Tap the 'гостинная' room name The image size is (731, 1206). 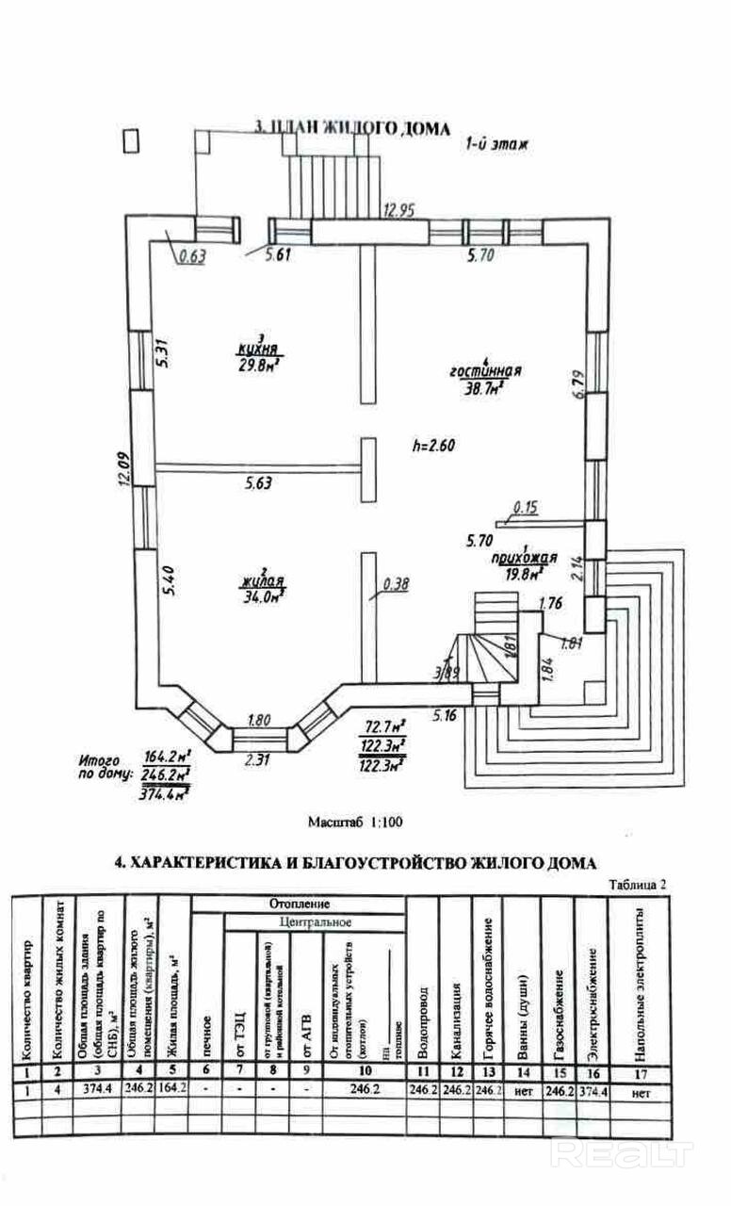pos(485,371)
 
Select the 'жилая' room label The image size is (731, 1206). pos(260,581)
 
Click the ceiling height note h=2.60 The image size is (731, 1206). pos(433,448)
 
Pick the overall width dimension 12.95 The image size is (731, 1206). pos(398,210)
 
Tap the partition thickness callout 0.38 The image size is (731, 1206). pos(396,583)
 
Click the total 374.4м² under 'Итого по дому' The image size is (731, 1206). pos(167,792)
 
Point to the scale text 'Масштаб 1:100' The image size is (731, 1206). pos(356,822)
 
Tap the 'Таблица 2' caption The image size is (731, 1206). pos(638,884)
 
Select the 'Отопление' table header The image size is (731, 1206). pos(301,904)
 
